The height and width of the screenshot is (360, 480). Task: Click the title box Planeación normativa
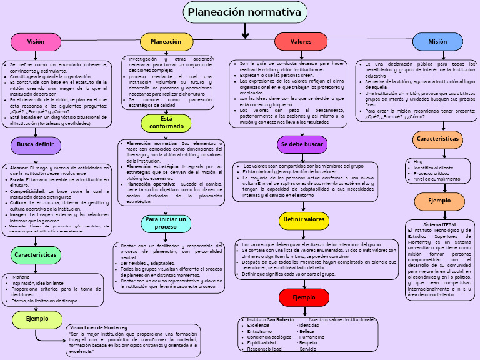(x=244, y=12)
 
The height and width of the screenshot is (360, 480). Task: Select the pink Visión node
(x=36, y=42)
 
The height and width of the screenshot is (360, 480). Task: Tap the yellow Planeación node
(x=166, y=42)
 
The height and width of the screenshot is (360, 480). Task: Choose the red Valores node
(x=301, y=42)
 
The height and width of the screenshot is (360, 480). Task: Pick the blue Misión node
(x=437, y=42)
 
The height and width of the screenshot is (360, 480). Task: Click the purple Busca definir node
(x=36, y=145)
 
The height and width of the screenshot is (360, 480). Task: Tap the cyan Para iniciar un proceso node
(x=166, y=223)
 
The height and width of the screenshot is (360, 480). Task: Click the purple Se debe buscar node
(x=302, y=144)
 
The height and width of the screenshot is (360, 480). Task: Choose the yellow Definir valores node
(x=304, y=220)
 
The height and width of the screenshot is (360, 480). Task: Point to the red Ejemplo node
(x=304, y=297)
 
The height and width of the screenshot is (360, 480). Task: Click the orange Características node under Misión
(x=437, y=139)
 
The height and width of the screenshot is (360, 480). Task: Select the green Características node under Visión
(x=36, y=255)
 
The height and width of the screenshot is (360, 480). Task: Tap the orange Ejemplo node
(x=439, y=201)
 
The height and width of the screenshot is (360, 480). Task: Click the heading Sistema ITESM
(x=439, y=224)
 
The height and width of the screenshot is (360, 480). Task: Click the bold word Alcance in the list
(x=19, y=168)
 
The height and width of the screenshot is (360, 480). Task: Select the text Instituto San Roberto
(x=271, y=319)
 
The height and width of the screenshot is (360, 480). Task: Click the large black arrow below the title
(x=245, y=31)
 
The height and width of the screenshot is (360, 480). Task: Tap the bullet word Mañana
(x=21, y=277)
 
